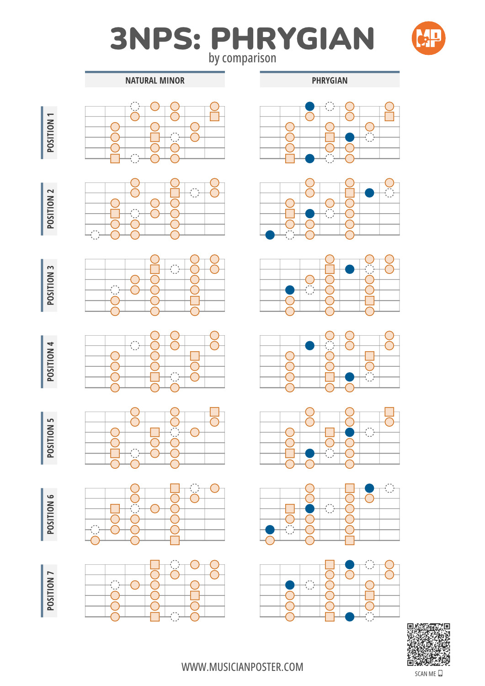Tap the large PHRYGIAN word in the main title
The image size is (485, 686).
[x=293, y=38]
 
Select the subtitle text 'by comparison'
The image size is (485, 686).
[x=242, y=58]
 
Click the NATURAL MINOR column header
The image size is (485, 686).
[x=155, y=80]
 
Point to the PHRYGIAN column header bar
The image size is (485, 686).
[x=330, y=80]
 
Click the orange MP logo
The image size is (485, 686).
[x=428, y=38]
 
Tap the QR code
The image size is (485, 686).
[x=428, y=644]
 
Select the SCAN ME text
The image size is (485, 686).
[x=425, y=674]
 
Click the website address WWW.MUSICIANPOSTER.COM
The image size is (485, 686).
[x=242, y=667]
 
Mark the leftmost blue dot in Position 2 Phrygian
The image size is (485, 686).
[x=270, y=235]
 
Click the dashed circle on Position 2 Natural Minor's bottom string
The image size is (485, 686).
[x=95, y=235]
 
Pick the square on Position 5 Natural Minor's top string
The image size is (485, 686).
[x=214, y=412]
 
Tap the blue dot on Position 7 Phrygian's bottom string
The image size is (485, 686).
[x=349, y=617]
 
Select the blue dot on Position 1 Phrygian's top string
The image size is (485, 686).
[x=309, y=106]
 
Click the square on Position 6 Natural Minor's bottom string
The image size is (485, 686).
[x=175, y=540]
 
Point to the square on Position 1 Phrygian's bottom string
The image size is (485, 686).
[x=290, y=159]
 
